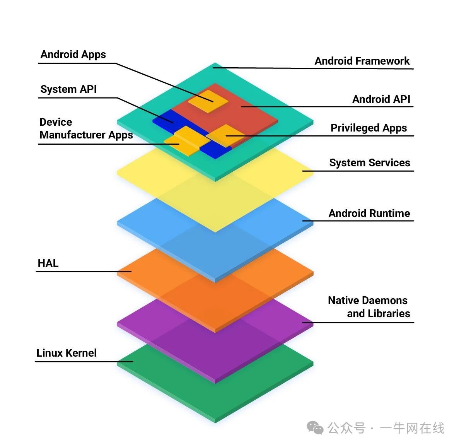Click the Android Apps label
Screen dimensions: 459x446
click(x=73, y=55)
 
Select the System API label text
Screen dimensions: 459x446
click(x=68, y=89)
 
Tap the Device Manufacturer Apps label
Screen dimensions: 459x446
click(x=86, y=128)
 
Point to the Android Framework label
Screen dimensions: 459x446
click(x=362, y=61)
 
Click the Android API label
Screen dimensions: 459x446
click(x=381, y=99)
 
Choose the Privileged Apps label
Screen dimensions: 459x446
click(x=369, y=128)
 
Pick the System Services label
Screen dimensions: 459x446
click(x=370, y=162)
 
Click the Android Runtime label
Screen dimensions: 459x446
click(x=369, y=213)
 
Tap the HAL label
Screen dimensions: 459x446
click(x=48, y=263)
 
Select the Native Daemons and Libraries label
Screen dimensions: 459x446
click(x=369, y=307)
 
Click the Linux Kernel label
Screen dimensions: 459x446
click(x=67, y=353)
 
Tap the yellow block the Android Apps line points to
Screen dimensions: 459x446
click(x=208, y=101)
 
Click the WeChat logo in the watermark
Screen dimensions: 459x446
click(x=315, y=428)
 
